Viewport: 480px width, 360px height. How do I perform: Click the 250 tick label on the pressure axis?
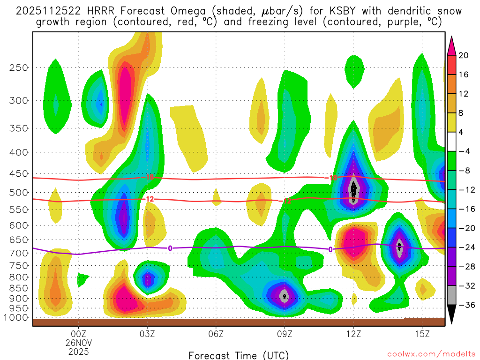point(18,67)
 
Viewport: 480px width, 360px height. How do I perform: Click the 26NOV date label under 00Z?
point(78,343)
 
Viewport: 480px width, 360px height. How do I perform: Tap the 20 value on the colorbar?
point(464,55)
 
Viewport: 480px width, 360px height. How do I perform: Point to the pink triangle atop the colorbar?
point(452,45)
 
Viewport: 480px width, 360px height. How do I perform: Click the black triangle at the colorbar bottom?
point(452,315)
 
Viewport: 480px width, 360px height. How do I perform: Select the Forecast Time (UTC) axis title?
point(239,355)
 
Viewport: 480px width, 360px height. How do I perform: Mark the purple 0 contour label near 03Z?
point(170,248)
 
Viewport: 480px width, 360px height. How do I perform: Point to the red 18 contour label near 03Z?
point(150,178)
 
